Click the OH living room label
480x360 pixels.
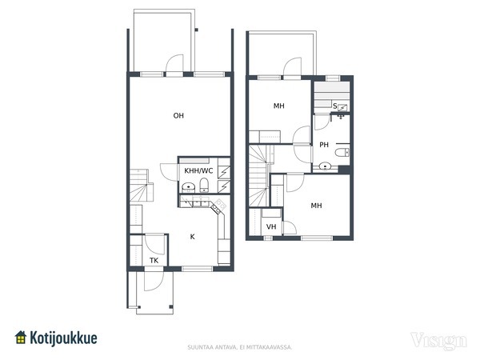click(x=178, y=116)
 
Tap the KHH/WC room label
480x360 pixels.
click(x=198, y=170)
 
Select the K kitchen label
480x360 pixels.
click(x=192, y=237)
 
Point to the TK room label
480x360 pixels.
click(x=154, y=261)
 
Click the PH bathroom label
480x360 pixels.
click(x=324, y=145)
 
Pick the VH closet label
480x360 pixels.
click(x=271, y=227)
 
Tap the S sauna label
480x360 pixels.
click(x=335, y=106)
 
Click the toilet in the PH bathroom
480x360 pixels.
click(x=342, y=152)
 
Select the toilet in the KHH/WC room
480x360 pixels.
click(x=204, y=186)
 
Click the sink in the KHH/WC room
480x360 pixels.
click(x=189, y=187)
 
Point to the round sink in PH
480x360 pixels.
click(x=325, y=167)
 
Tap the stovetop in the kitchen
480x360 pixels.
click(x=218, y=206)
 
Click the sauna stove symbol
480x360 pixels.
click(x=342, y=108)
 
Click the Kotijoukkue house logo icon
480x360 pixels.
click(x=21, y=338)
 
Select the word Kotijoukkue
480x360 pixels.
click(x=63, y=338)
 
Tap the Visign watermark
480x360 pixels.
click(x=438, y=341)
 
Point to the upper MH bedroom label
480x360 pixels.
click(x=279, y=106)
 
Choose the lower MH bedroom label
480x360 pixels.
click(x=316, y=206)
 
